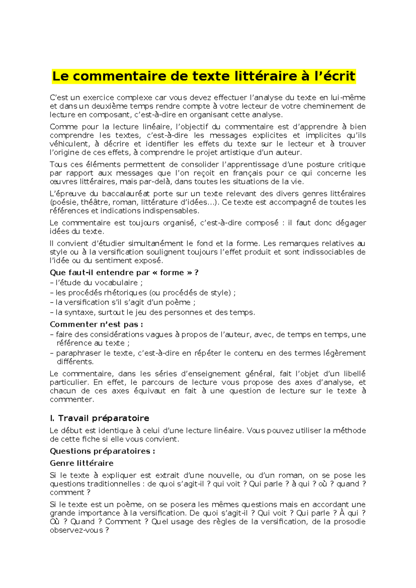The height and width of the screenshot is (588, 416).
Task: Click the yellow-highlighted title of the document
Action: point(204,76)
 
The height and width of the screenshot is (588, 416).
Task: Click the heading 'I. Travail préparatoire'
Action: point(99,418)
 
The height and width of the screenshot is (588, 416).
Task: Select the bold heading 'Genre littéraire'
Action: point(81,463)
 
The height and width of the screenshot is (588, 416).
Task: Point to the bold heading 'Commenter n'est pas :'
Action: point(96,325)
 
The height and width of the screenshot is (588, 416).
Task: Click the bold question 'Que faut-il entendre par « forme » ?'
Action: point(124,273)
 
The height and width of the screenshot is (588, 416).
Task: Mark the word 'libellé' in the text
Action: point(354,374)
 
